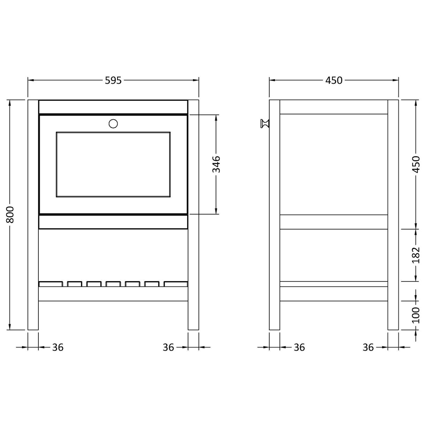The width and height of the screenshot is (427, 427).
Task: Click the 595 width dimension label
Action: click(x=113, y=81)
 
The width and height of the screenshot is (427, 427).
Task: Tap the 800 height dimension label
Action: click(x=10, y=215)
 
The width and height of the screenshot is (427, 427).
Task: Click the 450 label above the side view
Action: click(x=334, y=81)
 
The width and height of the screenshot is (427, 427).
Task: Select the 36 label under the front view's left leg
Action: click(x=58, y=347)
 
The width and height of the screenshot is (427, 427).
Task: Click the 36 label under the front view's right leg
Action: click(x=168, y=347)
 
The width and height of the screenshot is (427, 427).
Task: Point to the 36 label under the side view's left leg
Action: click(x=299, y=347)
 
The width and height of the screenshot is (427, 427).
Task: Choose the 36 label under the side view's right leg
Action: click(x=368, y=347)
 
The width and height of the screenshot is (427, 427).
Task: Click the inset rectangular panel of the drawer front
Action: click(x=113, y=165)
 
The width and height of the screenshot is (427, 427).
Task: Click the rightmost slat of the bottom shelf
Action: click(x=176, y=284)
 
